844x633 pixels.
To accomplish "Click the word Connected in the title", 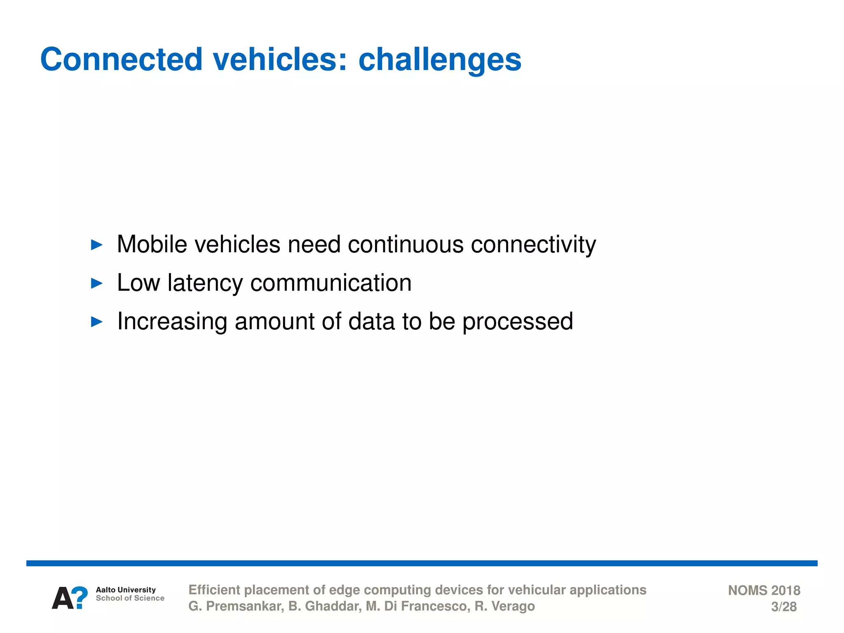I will [x=121, y=59].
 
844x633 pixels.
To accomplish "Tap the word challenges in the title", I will [x=440, y=60].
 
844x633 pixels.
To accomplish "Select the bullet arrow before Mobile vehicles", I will [x=96, y=245].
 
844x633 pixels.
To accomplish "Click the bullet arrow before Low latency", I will [x=96, y=283].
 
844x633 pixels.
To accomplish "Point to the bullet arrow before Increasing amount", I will [x=96, y=321].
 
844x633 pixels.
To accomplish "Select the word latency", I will [x=205, y=283].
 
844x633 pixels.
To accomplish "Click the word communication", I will [x=331, y=283].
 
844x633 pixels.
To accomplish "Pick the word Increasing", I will [x=172, y=321].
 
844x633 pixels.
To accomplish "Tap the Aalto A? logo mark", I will [x=70, y=598].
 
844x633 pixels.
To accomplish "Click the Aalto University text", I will [x=126, y=590].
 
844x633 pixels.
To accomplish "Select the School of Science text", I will [x=130, y=598].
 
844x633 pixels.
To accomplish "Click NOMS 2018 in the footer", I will [x=764, y=590].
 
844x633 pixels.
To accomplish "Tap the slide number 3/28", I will [x=783, y=607].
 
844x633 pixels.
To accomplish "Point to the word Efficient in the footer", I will [x=214, y=590].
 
